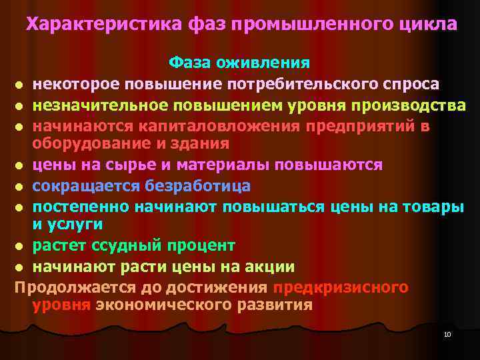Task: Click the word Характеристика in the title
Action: pos(102,25)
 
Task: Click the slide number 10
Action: pos(447,333)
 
